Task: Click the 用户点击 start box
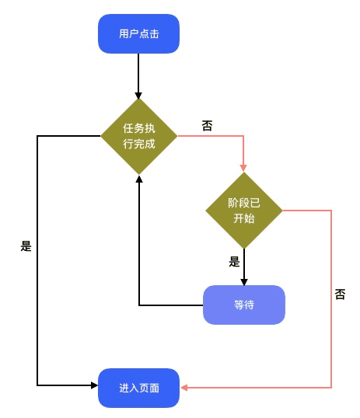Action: click(138, 34)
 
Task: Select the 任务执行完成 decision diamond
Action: click(138, 136)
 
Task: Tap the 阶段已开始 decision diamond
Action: click(244, 211)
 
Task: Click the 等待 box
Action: click(244, 305)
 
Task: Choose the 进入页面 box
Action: click(138, 388)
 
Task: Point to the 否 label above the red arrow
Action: click(207, 126)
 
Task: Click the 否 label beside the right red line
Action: click(340, 294)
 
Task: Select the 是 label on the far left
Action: click(26, 246)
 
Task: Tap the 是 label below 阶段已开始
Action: click(234, 262)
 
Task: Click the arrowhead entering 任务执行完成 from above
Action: click(138, 96)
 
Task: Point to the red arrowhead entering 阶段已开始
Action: click(243, 168)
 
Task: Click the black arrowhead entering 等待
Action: click(244, 282)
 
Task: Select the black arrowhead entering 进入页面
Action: click(94, 385)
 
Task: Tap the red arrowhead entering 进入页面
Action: click(183, 388)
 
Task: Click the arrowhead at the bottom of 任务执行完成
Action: click(138, 179)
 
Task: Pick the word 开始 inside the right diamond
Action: click(244, 218)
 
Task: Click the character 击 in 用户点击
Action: click(154, 34)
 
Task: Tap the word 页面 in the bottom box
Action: click(149, 388)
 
